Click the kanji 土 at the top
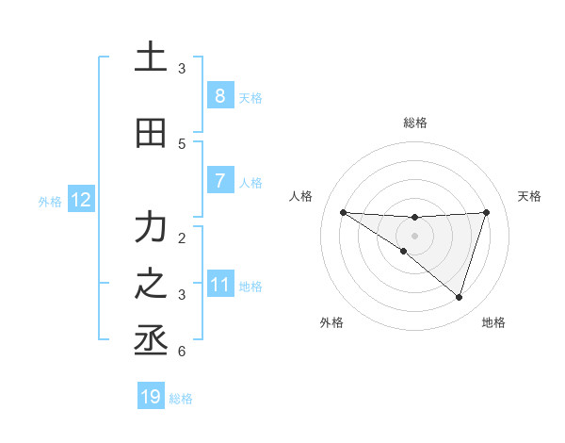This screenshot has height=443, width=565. coord(151,57)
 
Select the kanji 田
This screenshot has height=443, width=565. coord(151,133)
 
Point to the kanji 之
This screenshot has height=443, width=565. coord(151,284)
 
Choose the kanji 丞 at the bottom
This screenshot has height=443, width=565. coord(151,340)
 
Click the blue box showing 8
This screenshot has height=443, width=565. coord(219,95)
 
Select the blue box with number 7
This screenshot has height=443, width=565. coord(219,180)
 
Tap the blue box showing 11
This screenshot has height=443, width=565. coord(219,284)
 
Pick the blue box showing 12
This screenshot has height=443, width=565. coord(80,199)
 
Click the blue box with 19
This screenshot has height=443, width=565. coord(151,397)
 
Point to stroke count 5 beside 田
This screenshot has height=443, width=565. coord(182,143)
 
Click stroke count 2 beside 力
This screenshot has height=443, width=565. coord(182,238)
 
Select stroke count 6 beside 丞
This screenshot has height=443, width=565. coord(182,352)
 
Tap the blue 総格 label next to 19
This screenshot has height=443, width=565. coord(181,399)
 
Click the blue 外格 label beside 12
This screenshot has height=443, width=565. coord(49,201)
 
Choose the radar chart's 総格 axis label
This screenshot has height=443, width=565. coord(414,123)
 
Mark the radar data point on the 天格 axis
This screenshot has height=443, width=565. coord(487,212)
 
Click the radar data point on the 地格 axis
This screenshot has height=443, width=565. coord(459,297)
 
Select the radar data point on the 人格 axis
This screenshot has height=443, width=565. coord(343,212)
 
